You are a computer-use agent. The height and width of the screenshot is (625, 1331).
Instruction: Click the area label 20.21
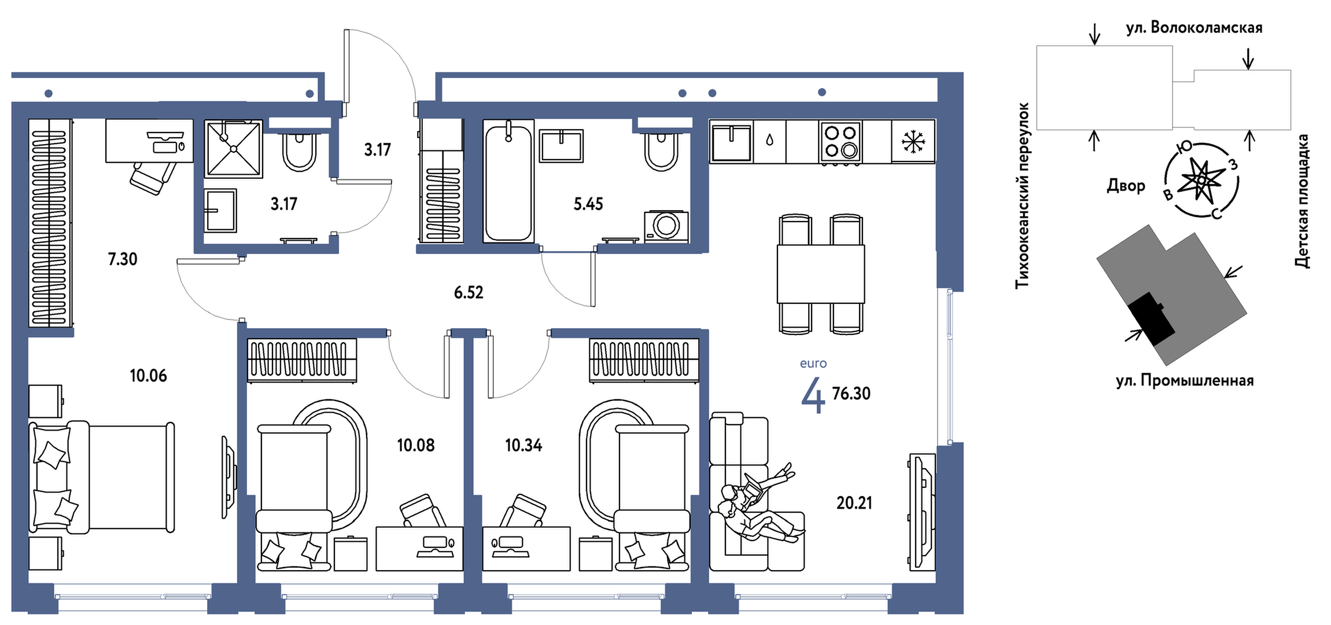click(854, 503)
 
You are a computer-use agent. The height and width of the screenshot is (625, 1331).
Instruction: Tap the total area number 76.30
click(851, 394)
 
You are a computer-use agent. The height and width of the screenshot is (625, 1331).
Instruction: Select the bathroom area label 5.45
click(588, 204)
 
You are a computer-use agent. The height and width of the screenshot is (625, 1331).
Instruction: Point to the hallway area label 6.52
click(469, 292)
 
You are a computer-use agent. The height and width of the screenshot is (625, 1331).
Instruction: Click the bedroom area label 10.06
click(148, 376)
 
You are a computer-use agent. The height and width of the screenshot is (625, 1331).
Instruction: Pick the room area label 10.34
click(523, 445)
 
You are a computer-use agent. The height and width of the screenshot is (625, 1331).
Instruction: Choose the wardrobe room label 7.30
click(123, 259)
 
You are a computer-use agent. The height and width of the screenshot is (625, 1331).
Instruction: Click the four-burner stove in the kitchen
click(840, 142)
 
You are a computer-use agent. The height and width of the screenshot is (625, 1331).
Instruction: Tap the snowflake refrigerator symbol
click(913, 142)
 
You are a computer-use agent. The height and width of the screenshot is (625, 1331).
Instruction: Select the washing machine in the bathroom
click(666, 226)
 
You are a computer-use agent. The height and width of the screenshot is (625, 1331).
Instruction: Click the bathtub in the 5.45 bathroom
click(508, 181)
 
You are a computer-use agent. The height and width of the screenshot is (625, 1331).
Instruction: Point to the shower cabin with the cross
click(234, 149)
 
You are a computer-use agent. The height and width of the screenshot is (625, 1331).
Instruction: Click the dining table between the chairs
click(821, 274)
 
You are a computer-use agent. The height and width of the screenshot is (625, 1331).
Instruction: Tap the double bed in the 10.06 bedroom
click(102, 477)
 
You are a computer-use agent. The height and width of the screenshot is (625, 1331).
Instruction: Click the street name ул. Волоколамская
click(1194, 28)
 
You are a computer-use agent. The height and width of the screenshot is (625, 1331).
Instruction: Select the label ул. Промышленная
click(1185, 381)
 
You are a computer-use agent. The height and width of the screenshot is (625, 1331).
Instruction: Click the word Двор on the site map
click(1126, 186)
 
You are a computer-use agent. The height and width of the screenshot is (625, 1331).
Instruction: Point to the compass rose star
click(1201, 180)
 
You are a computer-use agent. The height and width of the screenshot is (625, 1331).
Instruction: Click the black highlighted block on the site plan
click(1152, 318)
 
